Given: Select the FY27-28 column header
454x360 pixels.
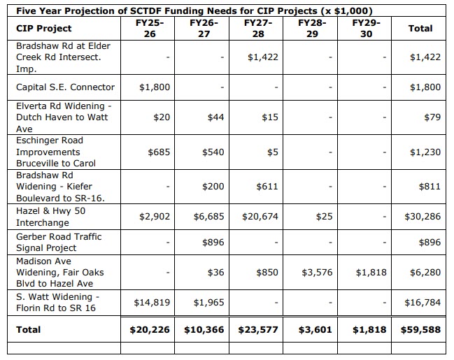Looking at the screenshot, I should point(258,28).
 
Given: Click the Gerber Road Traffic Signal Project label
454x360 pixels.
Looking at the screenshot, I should point(59,242).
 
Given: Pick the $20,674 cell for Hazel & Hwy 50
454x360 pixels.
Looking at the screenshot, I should point(260,217).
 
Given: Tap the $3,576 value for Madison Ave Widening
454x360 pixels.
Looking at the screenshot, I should point(316,272).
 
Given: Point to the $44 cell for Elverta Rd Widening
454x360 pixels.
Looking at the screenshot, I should point(215,117).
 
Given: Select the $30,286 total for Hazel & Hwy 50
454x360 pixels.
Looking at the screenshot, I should point(423,217).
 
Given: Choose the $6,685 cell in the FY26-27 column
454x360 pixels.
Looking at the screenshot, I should point(208,217).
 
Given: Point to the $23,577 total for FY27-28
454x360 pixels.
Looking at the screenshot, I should point(259,329).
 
